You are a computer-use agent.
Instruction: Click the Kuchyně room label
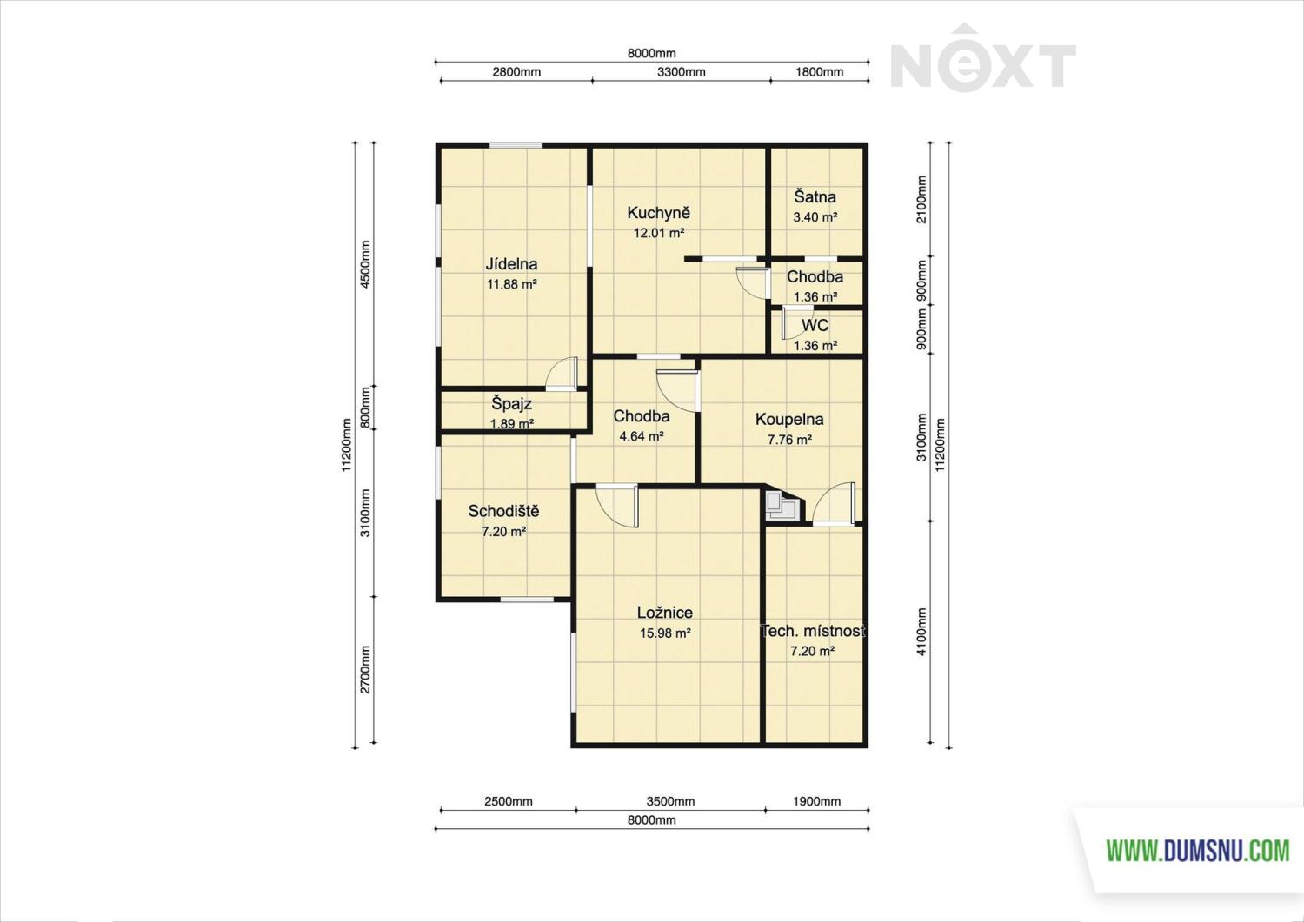[658, 213]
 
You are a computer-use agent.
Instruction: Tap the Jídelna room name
[512, 264]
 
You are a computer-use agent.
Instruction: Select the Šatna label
[815, 196]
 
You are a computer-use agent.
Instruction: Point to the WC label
[815, 325]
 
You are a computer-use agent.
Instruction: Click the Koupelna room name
[789, 419]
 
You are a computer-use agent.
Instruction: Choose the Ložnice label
[665, 613]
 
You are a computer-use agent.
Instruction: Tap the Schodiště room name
[503, 511]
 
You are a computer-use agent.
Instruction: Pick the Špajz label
[512, 403]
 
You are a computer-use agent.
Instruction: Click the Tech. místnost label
[813, 631]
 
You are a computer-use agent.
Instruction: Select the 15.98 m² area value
[665, 633]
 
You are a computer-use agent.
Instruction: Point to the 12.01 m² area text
[658, 234]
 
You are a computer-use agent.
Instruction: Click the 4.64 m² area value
[642, 436]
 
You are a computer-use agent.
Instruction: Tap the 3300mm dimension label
[681, 72]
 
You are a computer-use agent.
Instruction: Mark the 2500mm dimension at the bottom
[509, 801]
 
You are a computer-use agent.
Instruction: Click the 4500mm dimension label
[365, 264]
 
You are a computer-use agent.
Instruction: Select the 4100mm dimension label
[921, 632]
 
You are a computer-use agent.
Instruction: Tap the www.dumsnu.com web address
[1197, 851]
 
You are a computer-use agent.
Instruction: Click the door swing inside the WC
[793, 323]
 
